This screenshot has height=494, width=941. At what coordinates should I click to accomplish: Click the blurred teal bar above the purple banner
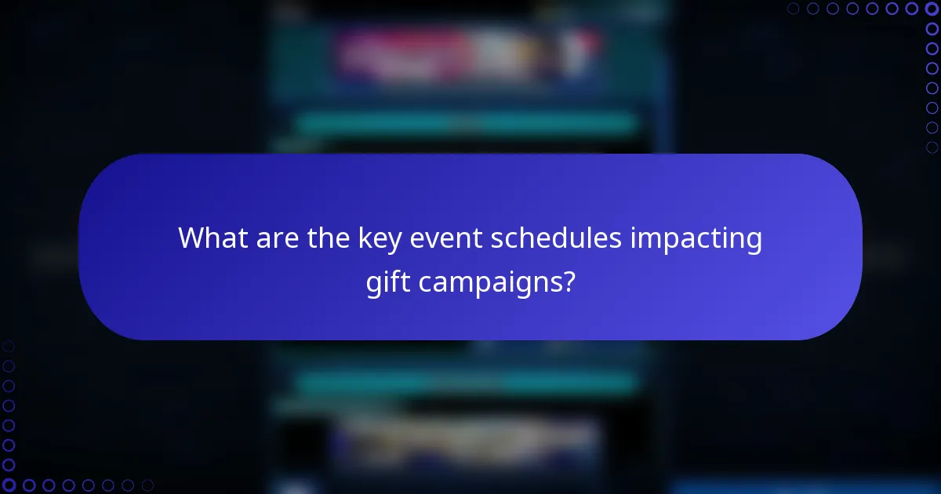[467, 124]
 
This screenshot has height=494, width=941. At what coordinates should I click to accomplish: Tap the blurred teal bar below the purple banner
[467, 382]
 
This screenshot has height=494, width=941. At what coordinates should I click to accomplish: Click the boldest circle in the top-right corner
[932, 9]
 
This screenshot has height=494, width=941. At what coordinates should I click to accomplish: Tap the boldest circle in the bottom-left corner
[9, 485]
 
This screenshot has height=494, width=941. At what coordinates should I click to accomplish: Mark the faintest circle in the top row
[793, 9]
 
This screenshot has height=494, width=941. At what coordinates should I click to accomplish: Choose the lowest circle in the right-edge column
[932, 147]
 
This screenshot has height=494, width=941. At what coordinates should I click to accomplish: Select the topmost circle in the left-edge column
[9, 346]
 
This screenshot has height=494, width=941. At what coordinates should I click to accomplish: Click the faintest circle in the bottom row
[147, 485]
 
